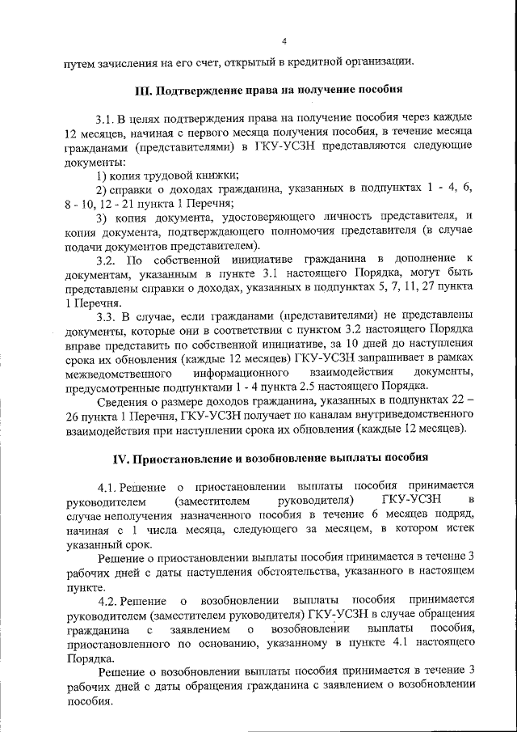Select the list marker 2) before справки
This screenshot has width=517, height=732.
click(x=102, y=189)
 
